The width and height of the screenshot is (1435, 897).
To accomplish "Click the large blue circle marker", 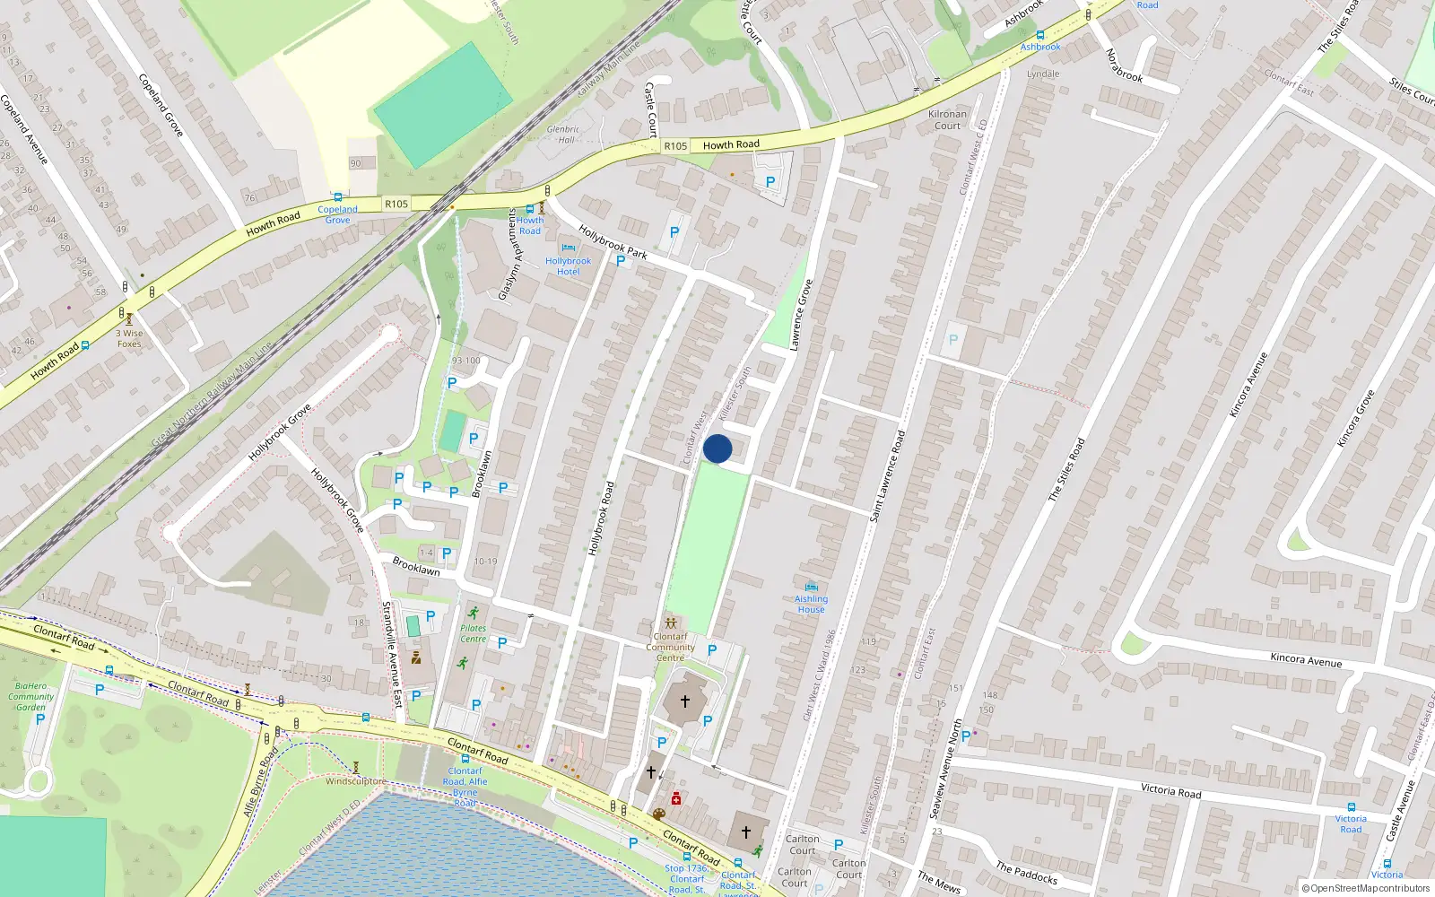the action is (717, 448).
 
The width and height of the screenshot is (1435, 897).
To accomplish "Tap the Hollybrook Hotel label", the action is (568, 266).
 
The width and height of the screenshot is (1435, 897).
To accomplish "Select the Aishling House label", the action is (811, 604).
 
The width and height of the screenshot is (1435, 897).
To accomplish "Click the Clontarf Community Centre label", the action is (670, 647).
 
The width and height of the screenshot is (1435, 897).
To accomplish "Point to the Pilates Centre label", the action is (473, 633).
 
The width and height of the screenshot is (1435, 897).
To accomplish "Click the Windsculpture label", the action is (355, 781).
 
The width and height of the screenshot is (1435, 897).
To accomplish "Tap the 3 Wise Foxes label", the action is (129, 338).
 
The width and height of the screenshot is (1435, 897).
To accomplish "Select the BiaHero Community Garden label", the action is (31, 696).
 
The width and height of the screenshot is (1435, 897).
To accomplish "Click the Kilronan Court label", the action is (947, 119).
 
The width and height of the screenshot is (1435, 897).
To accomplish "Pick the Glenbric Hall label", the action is (563, 135).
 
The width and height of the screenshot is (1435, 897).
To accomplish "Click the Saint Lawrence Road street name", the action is (888, 475).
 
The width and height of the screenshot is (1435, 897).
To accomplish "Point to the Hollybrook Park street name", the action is (613, 240).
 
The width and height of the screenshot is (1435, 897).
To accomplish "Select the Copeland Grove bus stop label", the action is (337, 214).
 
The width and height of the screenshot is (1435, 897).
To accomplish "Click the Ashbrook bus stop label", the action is (1040, 47).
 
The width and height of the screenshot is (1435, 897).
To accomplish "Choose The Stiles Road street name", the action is (1066, 468).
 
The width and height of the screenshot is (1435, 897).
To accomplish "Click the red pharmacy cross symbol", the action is (676, 798).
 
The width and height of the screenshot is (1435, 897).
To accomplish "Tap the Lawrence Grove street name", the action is (801, 314).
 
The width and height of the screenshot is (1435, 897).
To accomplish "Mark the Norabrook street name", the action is (1124, 65).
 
